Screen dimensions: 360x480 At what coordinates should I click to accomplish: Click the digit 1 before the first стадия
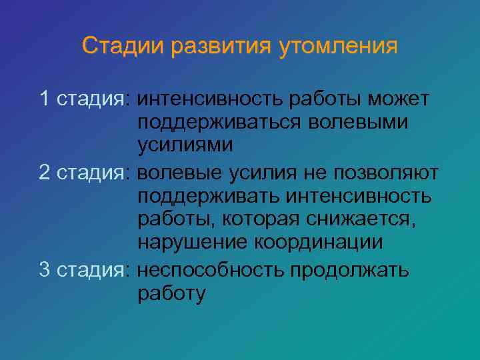pyautogui.click(x=45, y=99)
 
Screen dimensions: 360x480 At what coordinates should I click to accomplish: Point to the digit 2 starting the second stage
pyautogui.click(x=45, y=172)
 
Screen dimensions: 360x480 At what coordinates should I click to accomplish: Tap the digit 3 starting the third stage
pyautogui.click(x=45, y=269)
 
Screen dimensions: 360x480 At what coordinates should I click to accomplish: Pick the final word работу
pyautogui.click(x=172, y=293)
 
